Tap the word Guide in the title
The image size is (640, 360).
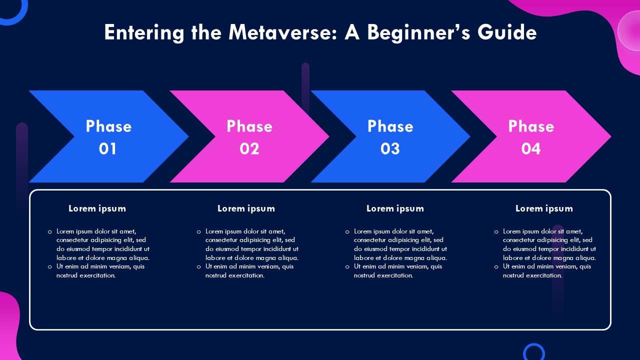click(x=507, y=32)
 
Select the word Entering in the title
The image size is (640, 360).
click(x=144, y=33)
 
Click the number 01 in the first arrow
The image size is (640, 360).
click(x=107, y=148)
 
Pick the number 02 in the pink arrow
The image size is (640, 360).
click(x=249, y=148)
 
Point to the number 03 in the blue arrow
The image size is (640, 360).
click(x=390, y=148)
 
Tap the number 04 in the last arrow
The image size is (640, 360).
click(x=531, y=148)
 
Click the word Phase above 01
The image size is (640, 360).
click(x=108, y=126)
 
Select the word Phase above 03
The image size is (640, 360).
click(x=390, y=126)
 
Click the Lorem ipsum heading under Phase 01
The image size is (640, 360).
click(x=97, y=208)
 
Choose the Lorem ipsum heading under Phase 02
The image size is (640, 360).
click(x=246, y=208)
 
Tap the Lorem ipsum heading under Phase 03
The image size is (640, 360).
click(x=395, y=208)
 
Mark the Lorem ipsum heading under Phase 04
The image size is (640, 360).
click(x=544, y=208)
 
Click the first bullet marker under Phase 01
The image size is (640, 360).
click(x=50, y=232)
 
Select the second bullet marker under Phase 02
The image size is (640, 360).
click(x=199, y=267)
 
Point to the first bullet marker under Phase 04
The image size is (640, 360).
click(x=496, y=232)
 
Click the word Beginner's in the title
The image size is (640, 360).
click(x=418, y=33)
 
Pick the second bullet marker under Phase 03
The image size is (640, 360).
click(x=347, y=267)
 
